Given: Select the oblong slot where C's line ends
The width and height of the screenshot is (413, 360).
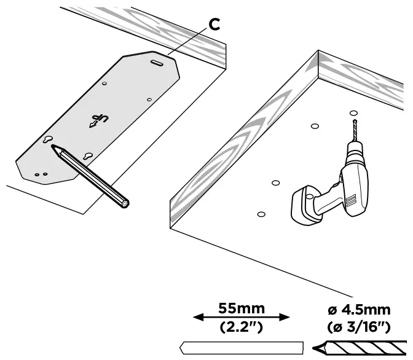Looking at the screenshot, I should [157, 61].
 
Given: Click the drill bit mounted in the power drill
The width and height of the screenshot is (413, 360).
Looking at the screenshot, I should [353, 130].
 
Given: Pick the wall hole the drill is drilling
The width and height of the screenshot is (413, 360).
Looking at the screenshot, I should [353, 113].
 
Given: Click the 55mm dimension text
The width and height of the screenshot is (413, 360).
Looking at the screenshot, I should [241, 308].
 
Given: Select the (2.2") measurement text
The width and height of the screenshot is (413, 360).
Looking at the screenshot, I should [241, 326].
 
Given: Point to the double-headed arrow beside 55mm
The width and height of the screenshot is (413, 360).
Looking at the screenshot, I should [241, 318].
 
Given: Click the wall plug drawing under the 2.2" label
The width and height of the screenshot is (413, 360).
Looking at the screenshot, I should [242, 346].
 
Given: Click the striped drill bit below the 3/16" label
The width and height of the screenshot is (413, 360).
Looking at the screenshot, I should [363, 348].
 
